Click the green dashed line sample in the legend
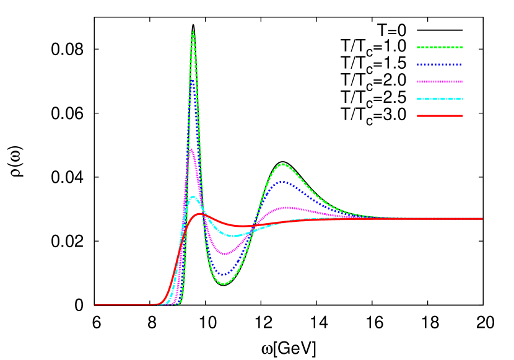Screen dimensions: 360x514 pos(440,47)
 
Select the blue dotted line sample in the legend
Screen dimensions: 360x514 pos(440,64)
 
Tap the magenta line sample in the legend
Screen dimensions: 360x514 pos(440,82)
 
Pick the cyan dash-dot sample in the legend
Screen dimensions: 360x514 pos(440,99)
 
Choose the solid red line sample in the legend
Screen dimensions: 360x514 pos(440,116)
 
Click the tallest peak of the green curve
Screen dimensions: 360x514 pos(193,32)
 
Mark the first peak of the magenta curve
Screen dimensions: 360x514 pos(191,149)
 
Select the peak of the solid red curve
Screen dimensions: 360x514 pos(199,214)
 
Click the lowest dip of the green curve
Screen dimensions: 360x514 pos(224,284)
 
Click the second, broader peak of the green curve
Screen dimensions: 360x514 pos(283,164)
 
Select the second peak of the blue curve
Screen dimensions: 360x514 pos(283,182)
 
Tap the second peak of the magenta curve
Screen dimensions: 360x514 pos(286,208)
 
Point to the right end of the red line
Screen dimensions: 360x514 pos(482,219)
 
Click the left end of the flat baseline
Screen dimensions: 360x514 pos(95,305)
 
